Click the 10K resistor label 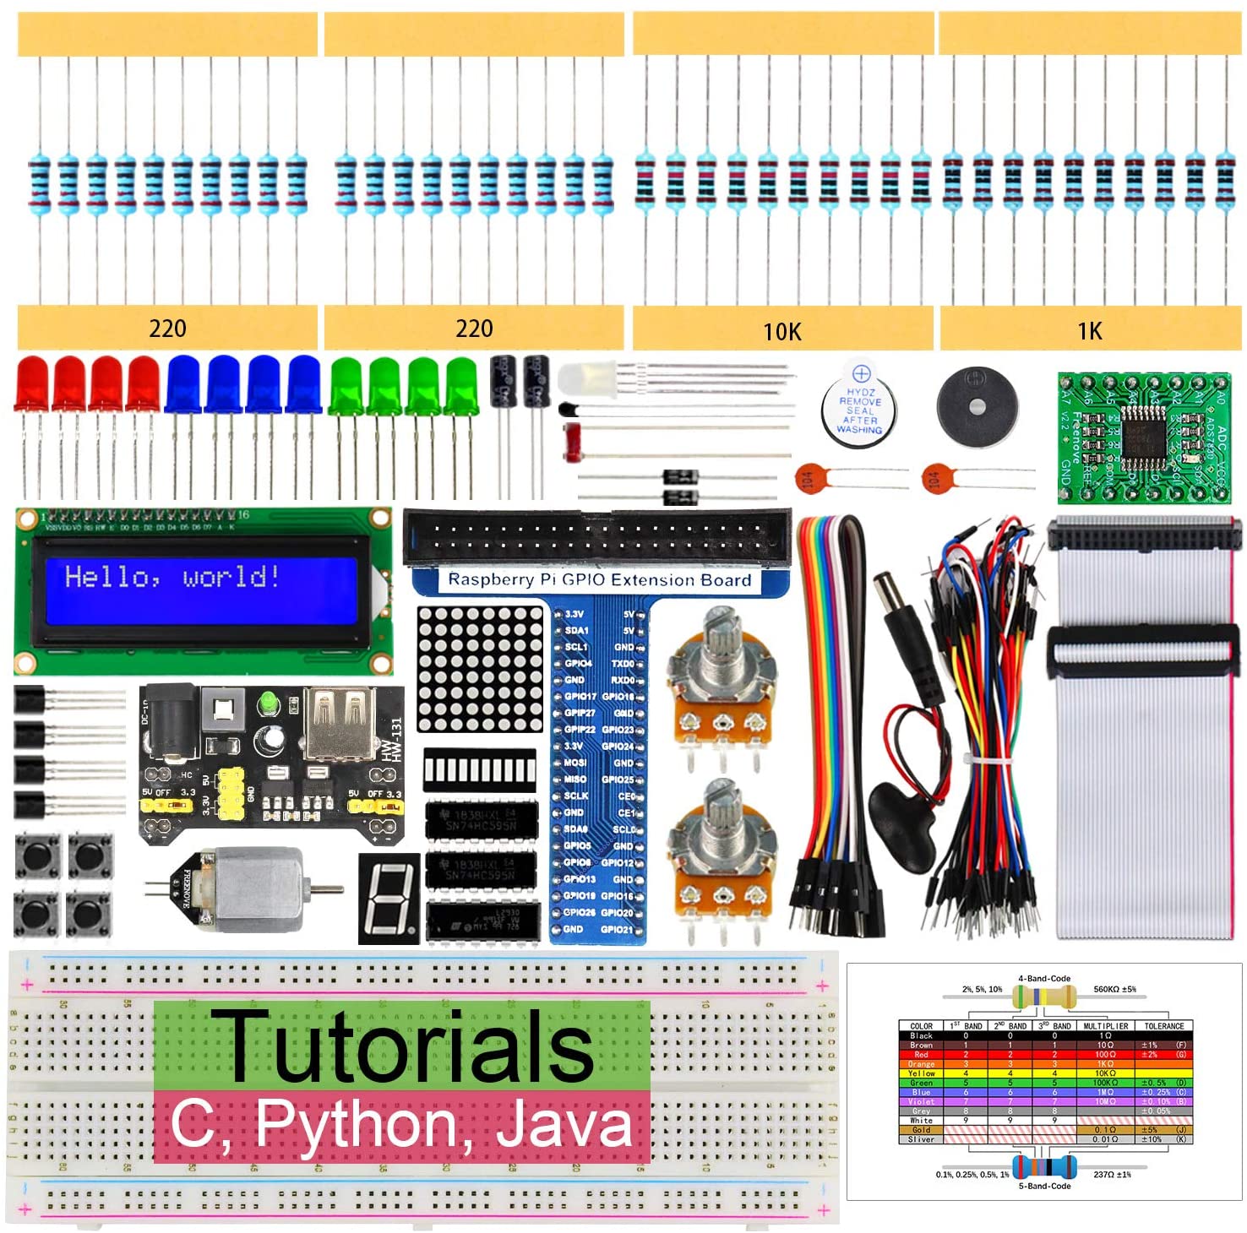782,332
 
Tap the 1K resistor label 1090,331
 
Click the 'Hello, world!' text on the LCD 172,577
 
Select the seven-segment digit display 389,899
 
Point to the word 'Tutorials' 402,1046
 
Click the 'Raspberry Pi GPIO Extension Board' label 599,580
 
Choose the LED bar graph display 480,769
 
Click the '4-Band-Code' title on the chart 1044,979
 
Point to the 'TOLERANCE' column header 1163,1026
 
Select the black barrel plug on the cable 904,625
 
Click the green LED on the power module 270,703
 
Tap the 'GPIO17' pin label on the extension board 580,697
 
